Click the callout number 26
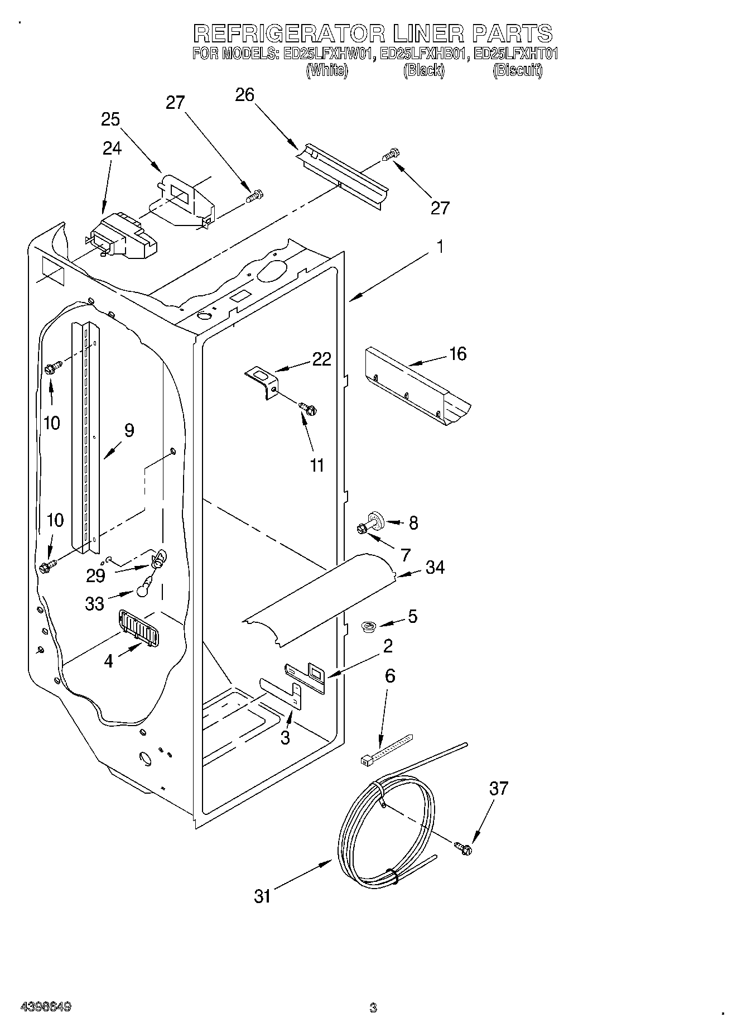(245, 95)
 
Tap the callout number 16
(457, 354)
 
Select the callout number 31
(263, 896)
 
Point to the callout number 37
(499, 789)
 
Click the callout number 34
(435, 568)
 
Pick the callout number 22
(321, 359)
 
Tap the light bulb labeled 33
(144, 585)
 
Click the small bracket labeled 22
(263, 381)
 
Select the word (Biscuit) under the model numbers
(517, 70)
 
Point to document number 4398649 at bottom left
(45, 1007)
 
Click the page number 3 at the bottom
(373, 1008)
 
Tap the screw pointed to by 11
(307, 409)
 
